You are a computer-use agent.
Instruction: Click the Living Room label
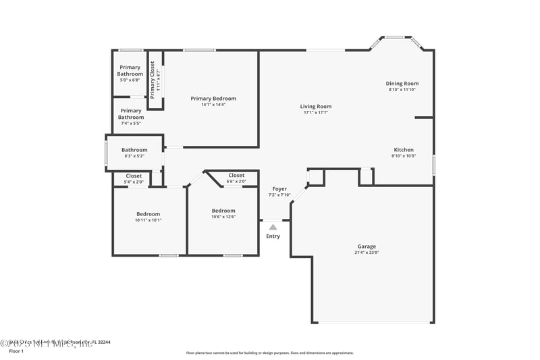click(x=316, y=106)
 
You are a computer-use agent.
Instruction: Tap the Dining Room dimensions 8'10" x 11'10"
click(x=402, y=90)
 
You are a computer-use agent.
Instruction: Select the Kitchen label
click(x=404, y=150)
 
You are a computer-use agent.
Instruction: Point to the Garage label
click(x=367, y=247)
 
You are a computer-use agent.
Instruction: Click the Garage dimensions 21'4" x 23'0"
click(x=367, y=253)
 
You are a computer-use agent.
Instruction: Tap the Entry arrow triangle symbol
click(x=273, y=228)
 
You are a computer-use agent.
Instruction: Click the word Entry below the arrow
click(x=273, y=236)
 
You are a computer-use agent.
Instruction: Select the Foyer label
click(x=279, y=189)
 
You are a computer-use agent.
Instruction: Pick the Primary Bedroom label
click(x=213, y=99)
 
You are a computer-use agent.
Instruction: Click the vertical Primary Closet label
click(x=153, y=80)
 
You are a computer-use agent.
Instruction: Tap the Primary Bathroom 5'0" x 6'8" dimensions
click(x=130, y=80)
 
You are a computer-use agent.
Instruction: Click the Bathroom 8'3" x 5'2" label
click(x=134, y=150)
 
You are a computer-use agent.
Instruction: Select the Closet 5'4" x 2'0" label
click(x=134, y=176)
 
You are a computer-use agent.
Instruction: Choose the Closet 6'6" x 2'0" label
click(x=236, y=176)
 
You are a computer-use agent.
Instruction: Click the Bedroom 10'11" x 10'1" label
click(x=148, y=214)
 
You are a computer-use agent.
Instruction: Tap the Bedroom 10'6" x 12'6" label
click(x=223, y=211)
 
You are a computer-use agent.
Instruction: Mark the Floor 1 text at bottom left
click(x=16, y=351)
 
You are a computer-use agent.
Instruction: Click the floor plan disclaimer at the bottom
click(x=269, y=353)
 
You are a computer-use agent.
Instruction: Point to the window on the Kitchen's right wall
click(x=433, y=165)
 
